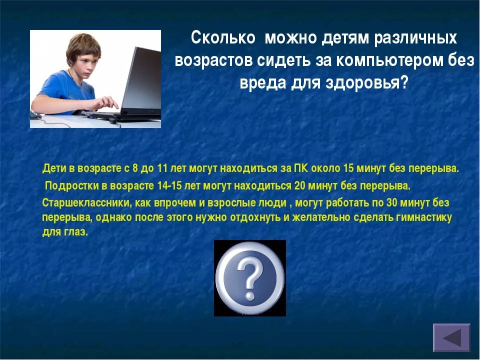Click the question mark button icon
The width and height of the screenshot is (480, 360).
[250, 278]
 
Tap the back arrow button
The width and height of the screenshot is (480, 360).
[451, 337]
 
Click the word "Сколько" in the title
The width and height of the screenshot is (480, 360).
[223, 38]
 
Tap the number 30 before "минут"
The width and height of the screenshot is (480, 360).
[392, 202]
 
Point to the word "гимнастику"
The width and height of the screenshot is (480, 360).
[423, 217]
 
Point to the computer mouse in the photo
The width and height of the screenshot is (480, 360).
[35, 114]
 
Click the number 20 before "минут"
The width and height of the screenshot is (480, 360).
[299, 186]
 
